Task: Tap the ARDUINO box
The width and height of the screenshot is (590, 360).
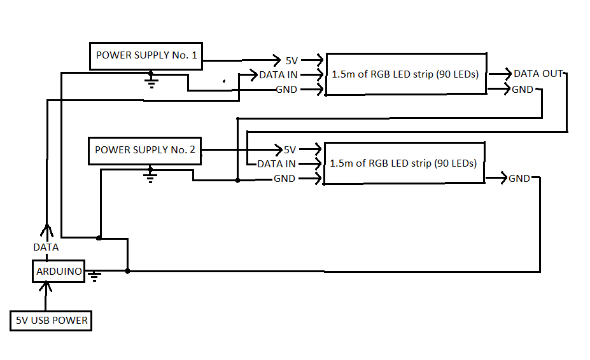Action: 59,272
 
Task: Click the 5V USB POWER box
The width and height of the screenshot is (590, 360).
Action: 51,321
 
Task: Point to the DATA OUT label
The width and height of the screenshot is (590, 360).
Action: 538,74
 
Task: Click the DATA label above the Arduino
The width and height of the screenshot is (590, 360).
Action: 46,247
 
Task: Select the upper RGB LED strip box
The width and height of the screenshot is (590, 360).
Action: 405,74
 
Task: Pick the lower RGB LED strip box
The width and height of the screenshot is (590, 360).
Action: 404,163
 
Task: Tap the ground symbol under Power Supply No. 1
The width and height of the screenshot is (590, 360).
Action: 151,81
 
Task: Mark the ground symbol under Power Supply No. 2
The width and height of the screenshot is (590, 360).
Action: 150,174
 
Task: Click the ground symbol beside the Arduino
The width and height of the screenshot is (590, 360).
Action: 95,276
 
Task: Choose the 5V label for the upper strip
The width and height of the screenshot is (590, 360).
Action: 291,61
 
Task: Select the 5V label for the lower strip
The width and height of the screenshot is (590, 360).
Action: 290,150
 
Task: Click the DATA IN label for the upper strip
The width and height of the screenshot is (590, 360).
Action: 279,75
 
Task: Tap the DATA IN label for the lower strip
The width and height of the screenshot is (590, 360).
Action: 276,164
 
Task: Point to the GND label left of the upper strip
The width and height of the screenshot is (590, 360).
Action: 286,90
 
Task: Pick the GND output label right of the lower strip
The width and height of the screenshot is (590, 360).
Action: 519,179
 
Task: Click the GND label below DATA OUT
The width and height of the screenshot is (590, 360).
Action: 523,90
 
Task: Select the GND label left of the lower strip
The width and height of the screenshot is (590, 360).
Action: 284,179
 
